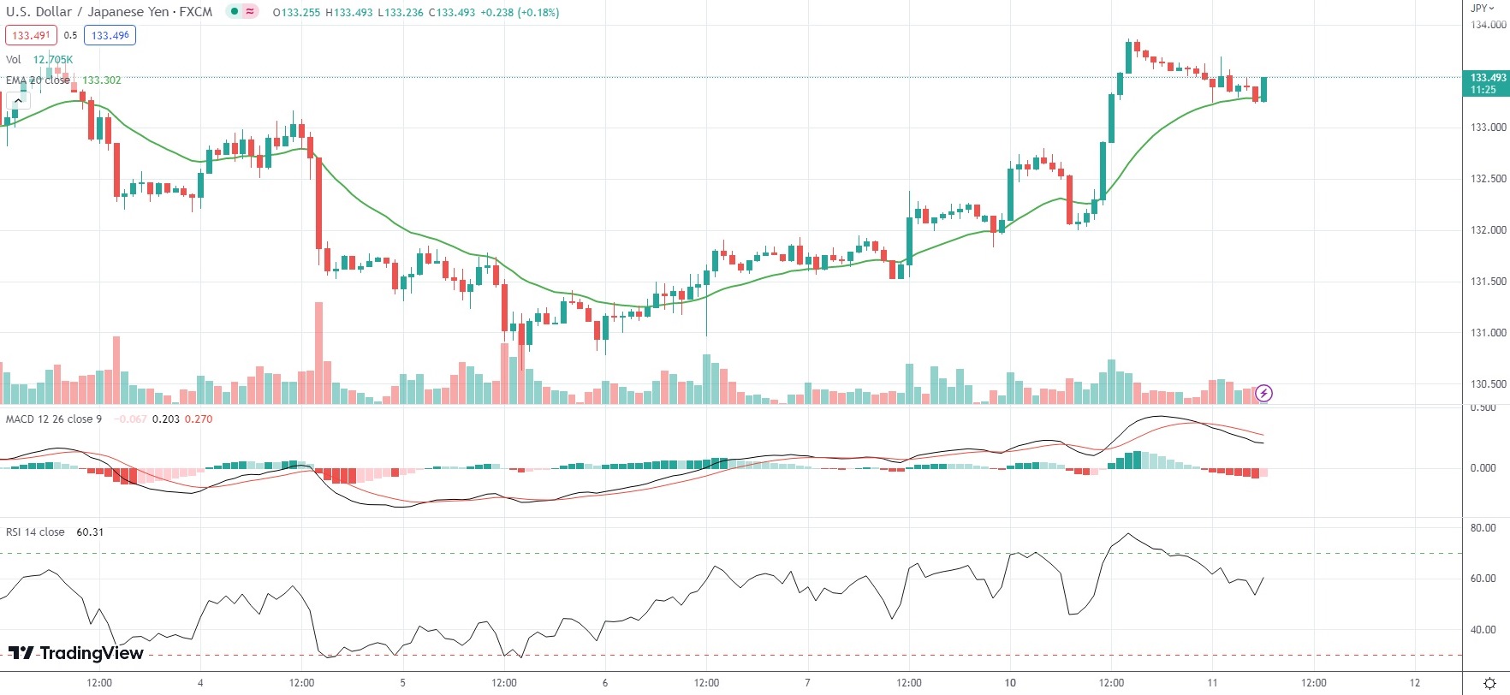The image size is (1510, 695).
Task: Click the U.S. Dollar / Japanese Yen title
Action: [x=109, y=12]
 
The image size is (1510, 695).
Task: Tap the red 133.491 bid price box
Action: [x=32, y=35]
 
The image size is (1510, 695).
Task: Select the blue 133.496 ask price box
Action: [x=110, y=35]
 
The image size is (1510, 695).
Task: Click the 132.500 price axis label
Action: [x=1488, y=179]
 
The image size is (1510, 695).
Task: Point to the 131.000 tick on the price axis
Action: [x=1488, y=333]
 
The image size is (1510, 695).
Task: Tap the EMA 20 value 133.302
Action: [x=102, y=80]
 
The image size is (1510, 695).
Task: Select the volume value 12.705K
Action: [x=53, y=60]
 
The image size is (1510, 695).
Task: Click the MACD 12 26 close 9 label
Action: [x=54, y=419]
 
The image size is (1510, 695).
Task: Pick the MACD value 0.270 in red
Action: [x=199, y=419]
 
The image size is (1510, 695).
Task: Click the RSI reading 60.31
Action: [x=90, y=532]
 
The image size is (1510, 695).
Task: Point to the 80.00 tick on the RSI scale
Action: [x=1483, y=528]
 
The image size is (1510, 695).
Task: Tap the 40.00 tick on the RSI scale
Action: [x=1483, y=630]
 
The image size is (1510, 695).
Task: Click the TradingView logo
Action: [x=76, y=653]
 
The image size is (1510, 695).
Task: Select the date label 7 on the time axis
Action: [x=807, y=683]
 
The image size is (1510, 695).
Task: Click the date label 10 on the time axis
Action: [x=1010, y=683]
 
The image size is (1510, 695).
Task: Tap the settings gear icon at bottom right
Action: [x=1489, y=683]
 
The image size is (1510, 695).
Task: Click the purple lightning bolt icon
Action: [x=1264, y=394]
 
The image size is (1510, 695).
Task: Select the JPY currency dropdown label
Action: [x=1483, y=8]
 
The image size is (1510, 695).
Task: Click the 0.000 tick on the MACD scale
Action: [x=1483, y=468]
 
